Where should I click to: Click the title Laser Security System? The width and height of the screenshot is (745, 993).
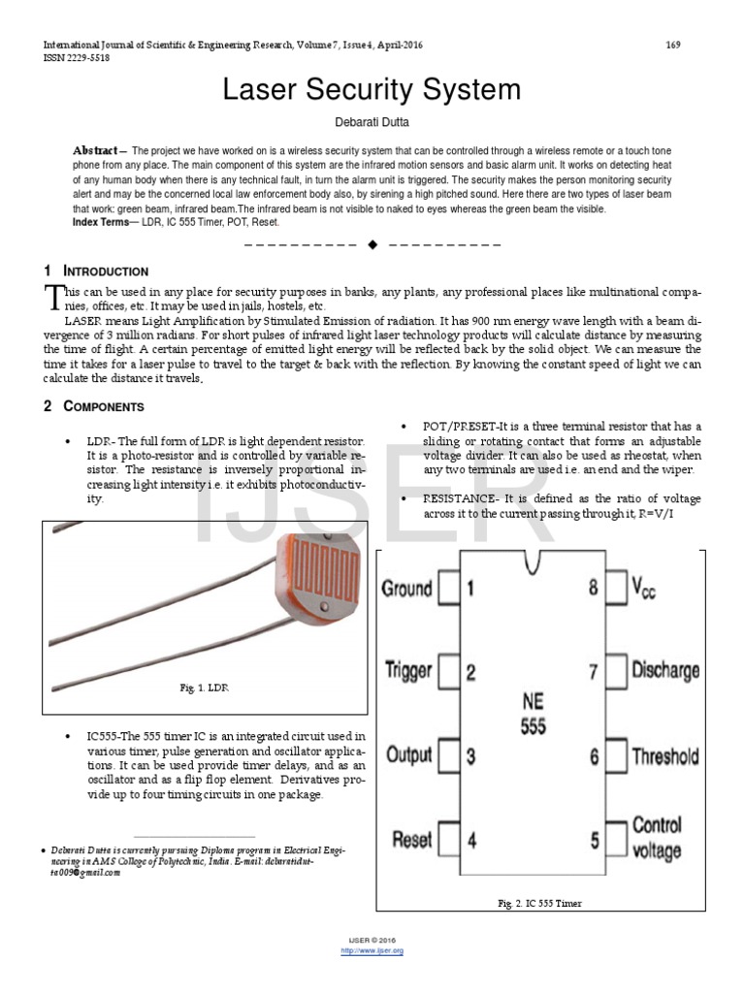pyautogui.click(x=372, y=90)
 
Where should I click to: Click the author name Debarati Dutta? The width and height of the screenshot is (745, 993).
pyautogui.click(x=372, y=121)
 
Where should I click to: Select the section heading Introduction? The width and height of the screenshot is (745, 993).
pyautogui.click(x=105, y=272)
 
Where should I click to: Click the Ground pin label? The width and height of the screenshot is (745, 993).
pyautogui.click(x=406, y=589)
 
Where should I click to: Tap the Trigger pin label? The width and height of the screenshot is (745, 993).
pyautogui.click(x=407, y=671)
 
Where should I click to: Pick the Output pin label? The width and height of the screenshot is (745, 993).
pyautogui.click(x=408, y=754)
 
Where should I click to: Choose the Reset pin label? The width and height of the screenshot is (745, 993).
pyautogui.click(x=412, y=839)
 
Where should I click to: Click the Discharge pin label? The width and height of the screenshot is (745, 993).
pyautogui.click(x=664, y=670)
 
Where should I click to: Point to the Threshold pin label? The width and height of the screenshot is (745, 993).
pyautogui.click(x=664, y=755)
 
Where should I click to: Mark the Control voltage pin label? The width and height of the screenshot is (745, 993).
pyautogui.click(x=657, y=839)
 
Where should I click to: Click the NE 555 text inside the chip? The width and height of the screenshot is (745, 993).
pyautogui.click(x=533, y=713)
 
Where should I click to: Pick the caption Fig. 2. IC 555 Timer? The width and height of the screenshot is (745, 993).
pyautogui.click(x=540, y=903)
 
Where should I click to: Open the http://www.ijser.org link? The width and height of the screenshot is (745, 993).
pyautogui.click(x=372, y=951)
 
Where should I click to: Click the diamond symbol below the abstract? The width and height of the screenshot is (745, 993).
pyautogui.click(x=372, y=245)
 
